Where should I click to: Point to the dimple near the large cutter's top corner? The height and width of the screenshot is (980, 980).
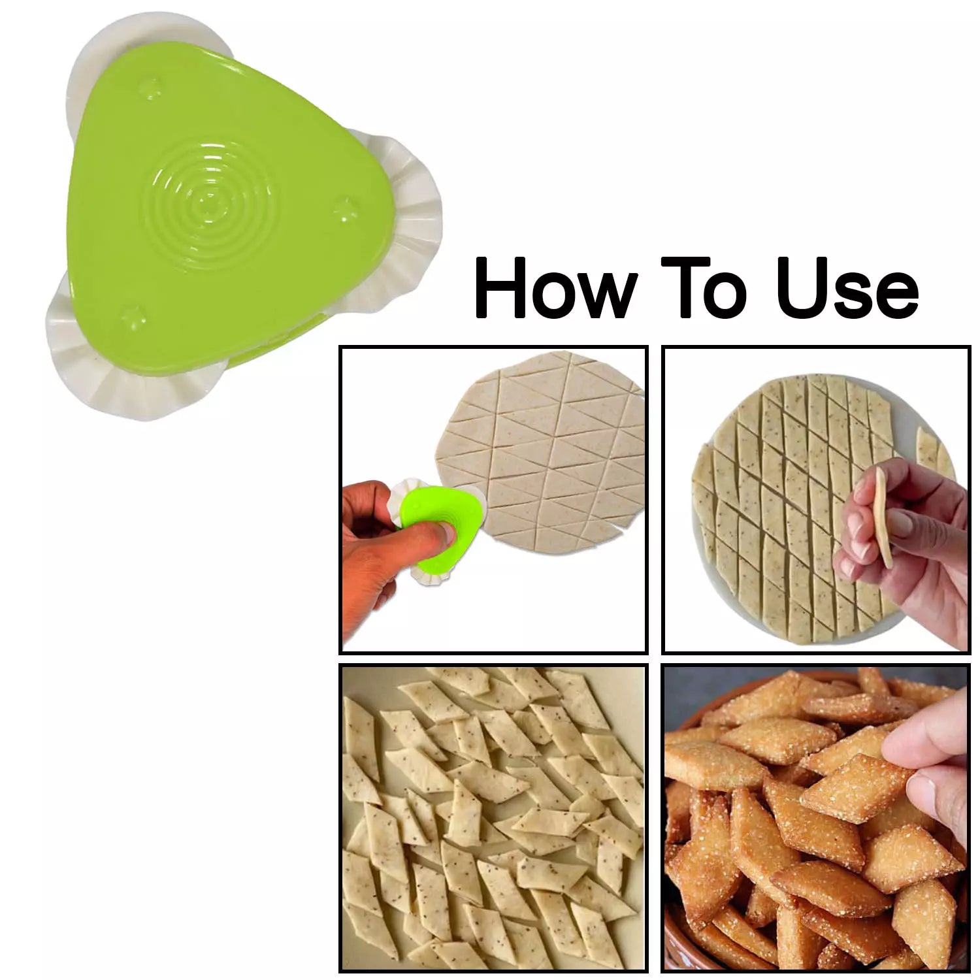pyautogui.click(x=152, y=86)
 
